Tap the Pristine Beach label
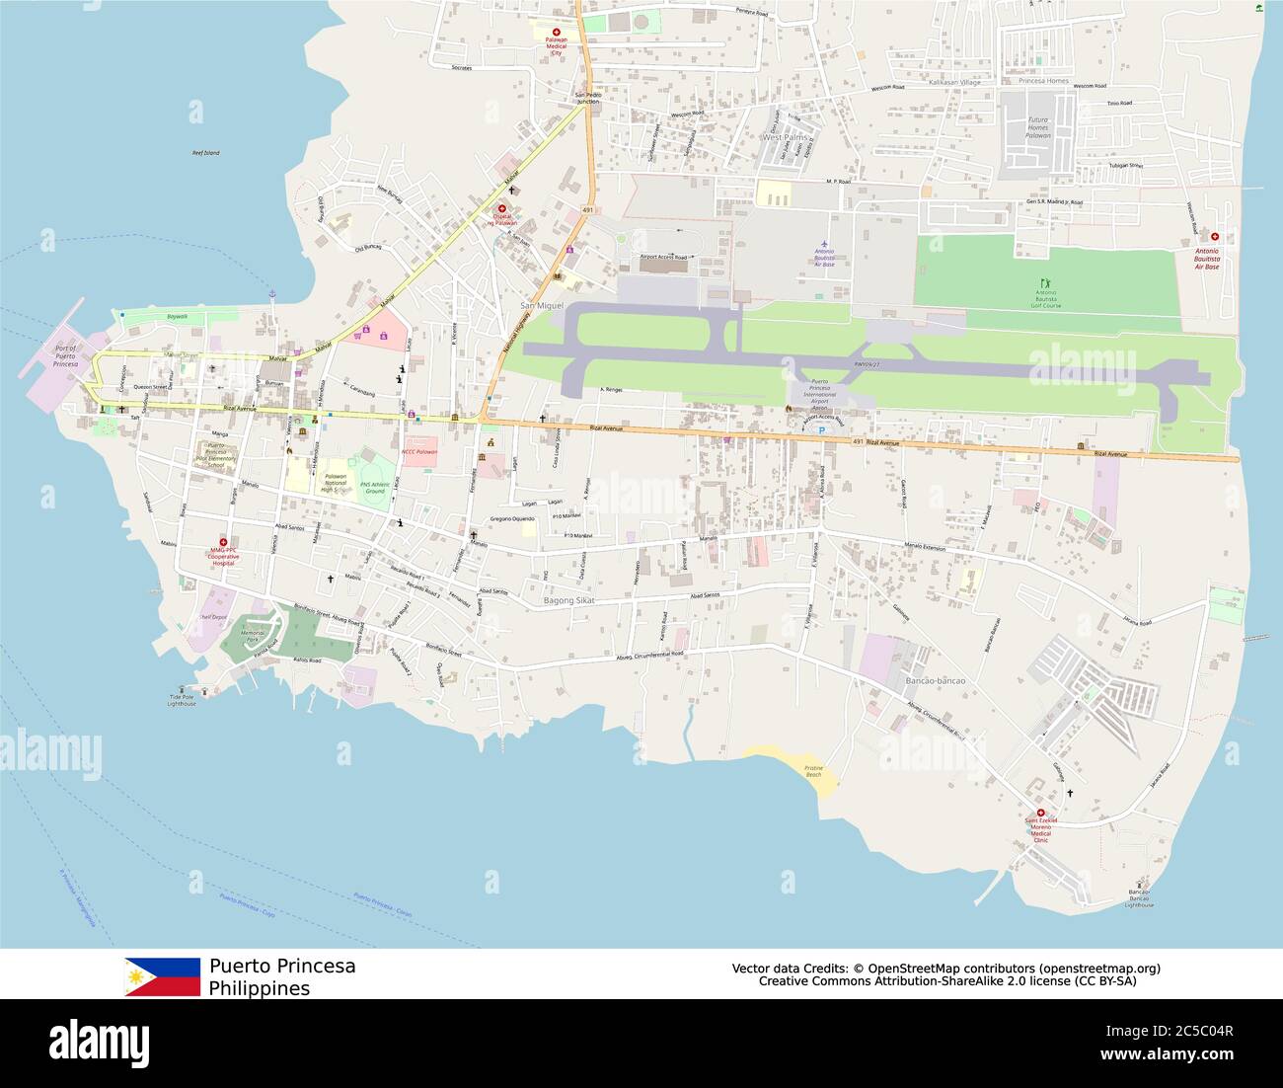click(813, 771)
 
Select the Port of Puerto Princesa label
click(64, 354)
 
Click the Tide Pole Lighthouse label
click(182, 700)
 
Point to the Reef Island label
click(205, 153)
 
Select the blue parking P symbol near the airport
click(821, 430)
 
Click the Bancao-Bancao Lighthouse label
click(1139, 898)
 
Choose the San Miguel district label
click(542, 306)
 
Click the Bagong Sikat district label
click(569, 600)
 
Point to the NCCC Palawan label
click(418, 451)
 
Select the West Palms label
click(784, 137)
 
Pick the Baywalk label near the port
click(177, 316)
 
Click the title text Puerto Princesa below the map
click(282, 966)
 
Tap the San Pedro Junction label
click(586, 98)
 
